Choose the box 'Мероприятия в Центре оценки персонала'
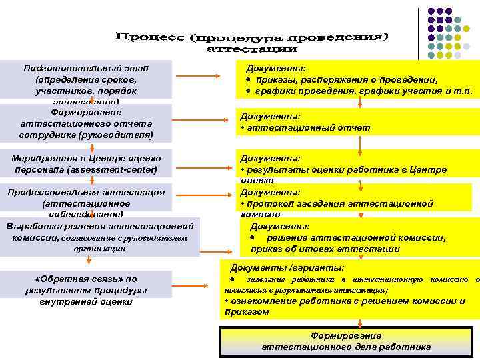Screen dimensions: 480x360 [87, 164]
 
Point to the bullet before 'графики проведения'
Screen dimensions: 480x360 [247, 91]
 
